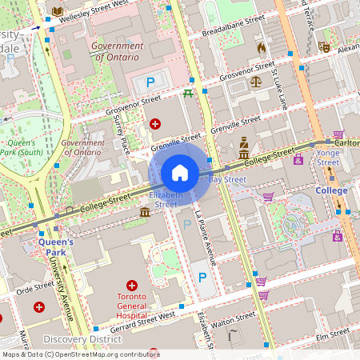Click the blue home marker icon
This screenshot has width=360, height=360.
pos(180,172)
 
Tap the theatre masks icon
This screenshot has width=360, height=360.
pos(323,47)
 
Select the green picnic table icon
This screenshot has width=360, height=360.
pos(188,93)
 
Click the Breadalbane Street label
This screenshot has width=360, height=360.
pos(233,26)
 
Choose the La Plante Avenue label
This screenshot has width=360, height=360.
pos(206,238)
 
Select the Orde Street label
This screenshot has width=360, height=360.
pos(34,286)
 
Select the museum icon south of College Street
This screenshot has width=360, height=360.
pos(144,212)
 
